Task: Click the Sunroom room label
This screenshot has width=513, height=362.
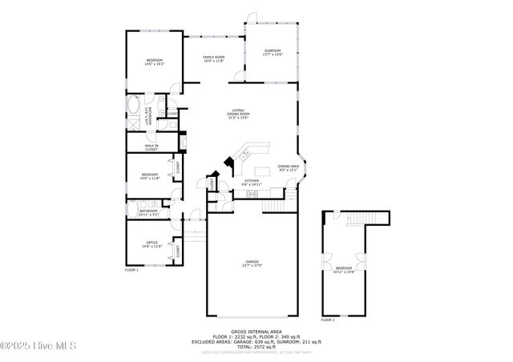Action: [x=273, y=53]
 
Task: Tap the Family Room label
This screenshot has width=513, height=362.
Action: [x=213, y=59]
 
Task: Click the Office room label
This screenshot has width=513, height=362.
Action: [x=151, y=244]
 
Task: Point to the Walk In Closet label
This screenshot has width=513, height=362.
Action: [x=151, y=147]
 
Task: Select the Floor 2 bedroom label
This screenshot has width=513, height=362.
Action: [x=343, y=269]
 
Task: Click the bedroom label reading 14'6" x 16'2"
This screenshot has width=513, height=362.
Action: [x=154, y=62]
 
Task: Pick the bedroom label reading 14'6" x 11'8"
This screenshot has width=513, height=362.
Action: [x=151, y=176]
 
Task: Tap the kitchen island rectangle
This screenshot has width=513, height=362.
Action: [x=263, y=170]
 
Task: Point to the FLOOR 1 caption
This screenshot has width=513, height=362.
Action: [x=131, y=271]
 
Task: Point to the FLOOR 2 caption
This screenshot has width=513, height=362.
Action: [x=328, y=320]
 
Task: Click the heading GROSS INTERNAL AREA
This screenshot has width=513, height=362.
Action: [x=256, y=331]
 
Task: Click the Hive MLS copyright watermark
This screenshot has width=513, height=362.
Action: [x=38, y=346]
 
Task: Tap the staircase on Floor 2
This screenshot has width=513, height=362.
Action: [x=369, y=219]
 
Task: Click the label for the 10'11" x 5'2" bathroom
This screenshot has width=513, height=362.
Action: [x=148, y=213]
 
